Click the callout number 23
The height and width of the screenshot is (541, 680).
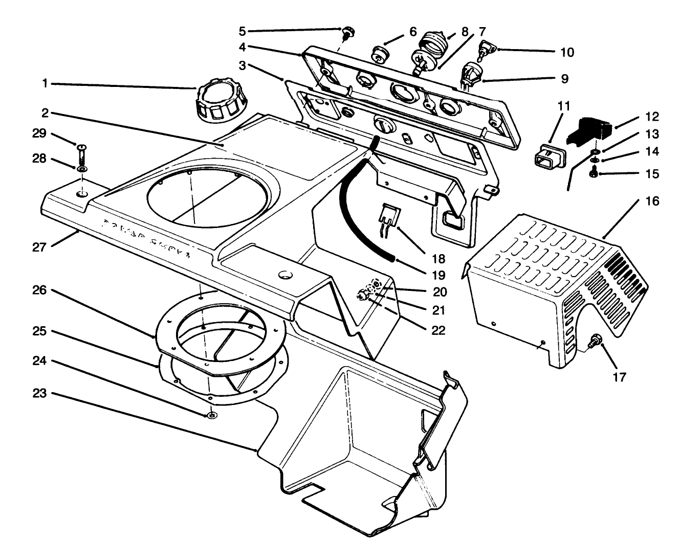[41, 393]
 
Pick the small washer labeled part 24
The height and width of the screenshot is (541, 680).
[211, 415]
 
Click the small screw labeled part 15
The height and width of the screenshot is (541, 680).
[594, 174]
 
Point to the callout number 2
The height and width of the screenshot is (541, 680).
[45, 113]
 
